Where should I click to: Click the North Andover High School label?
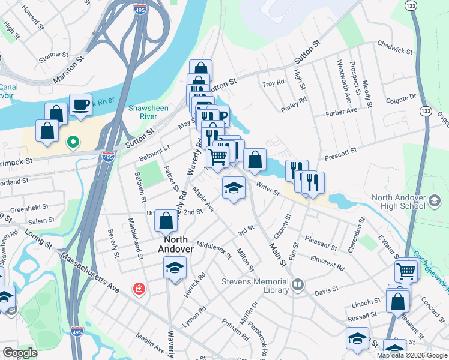[x=399, y=202]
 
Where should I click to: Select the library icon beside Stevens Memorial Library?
[x=298, y=286]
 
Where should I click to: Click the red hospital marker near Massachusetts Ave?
[x=140, y=290]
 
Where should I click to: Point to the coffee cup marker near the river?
[x=80, y=105]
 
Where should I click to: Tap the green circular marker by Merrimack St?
[x=73, y=142]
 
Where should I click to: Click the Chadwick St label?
[x=394, y=47]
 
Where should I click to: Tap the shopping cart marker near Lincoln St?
[x=406, y=271]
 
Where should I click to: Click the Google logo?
[x=20, y=353]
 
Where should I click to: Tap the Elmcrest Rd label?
[x=328, y=263]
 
